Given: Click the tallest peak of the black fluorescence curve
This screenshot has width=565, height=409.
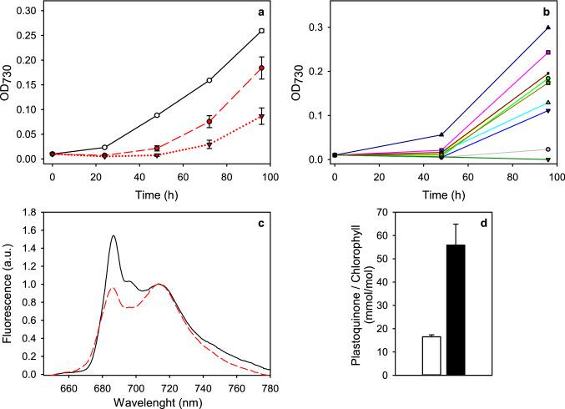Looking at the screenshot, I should tap(114, 236).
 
